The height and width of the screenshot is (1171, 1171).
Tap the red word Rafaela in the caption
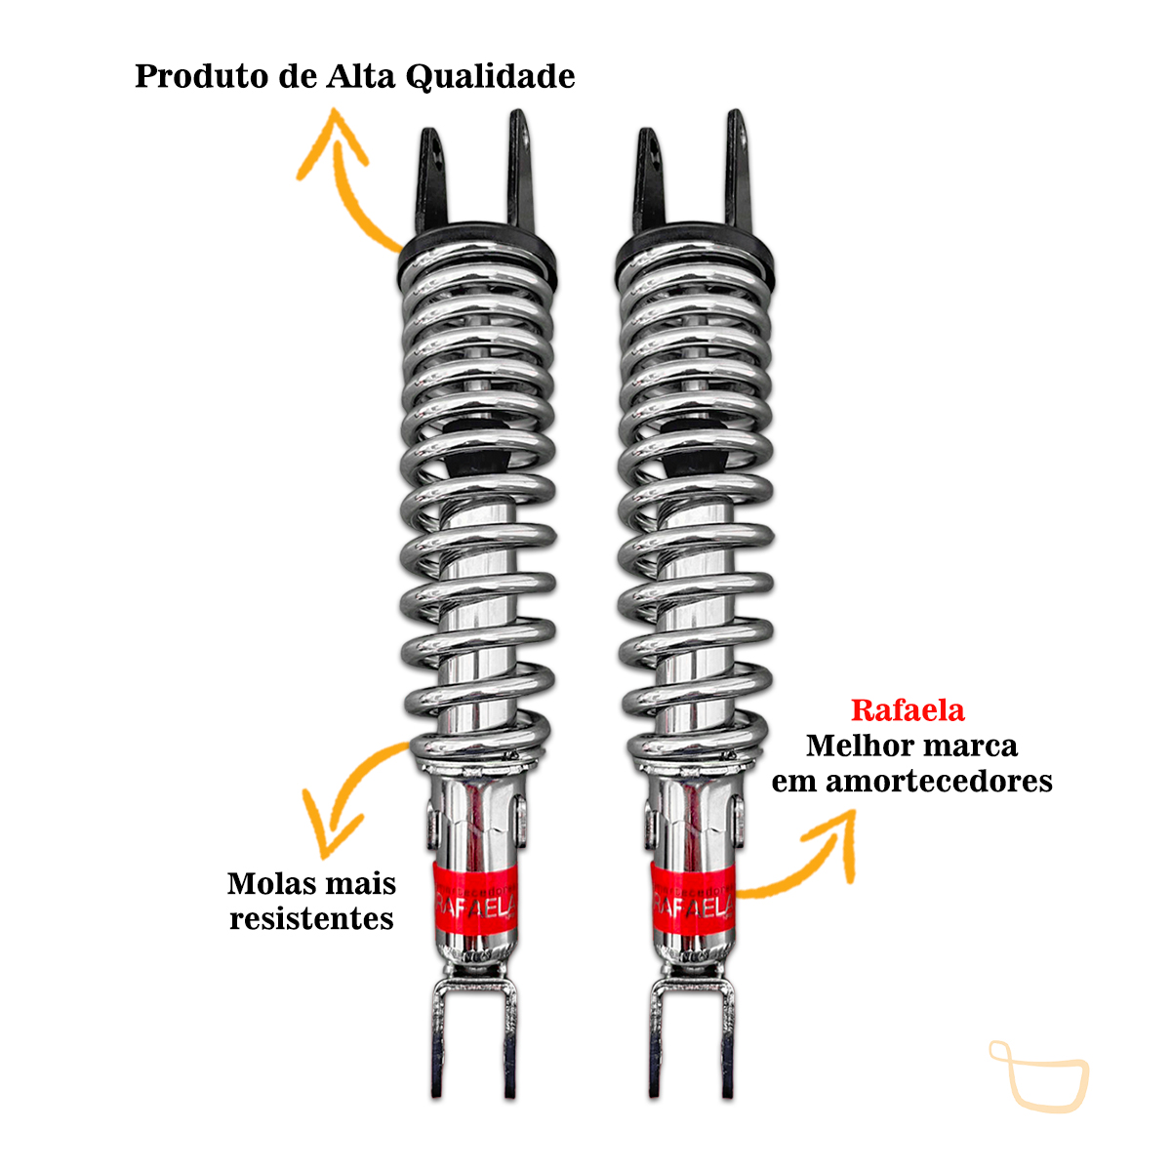coord(908,710)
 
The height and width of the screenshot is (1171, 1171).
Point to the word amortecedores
coord(939,782)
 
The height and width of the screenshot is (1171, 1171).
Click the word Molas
coord(264,884)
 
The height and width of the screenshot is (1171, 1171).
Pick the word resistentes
coord(311,919)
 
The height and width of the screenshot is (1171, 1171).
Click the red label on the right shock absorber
coord(692,900)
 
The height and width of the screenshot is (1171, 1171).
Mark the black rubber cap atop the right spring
coord(695,250)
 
